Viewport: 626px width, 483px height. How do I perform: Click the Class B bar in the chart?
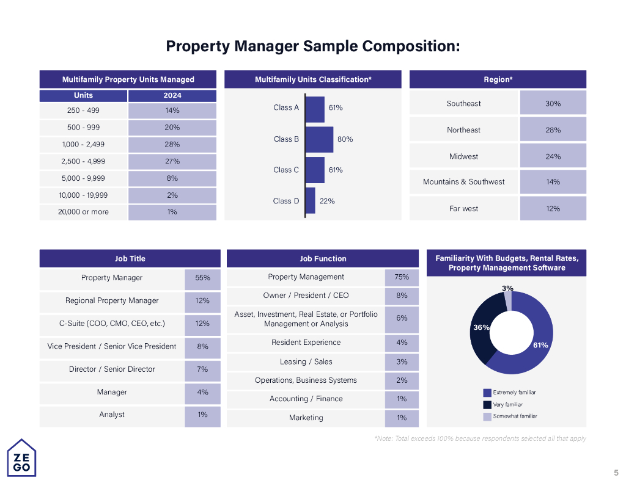(x=319, y=139)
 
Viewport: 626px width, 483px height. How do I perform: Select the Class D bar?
(x=310, y=201)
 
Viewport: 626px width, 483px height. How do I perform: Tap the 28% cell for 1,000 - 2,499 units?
(x=172, y=145)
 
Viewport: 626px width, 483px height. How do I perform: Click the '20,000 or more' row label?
(x=84, y=212)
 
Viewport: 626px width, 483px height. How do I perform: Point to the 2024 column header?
(x=172, y=95)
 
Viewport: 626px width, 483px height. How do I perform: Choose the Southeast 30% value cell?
(x=553, y=103)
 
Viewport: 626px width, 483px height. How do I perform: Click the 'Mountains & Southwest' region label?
(x=463, y=182)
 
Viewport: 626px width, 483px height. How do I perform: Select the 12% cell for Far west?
(x=553, y=208)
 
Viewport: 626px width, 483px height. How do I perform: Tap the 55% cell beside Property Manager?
(x=202, y=278)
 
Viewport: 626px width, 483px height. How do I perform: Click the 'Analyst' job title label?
(x=112, y=415)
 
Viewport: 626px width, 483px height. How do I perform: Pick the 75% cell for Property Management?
(x=402, y=277)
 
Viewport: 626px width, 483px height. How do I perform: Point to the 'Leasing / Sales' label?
(x=306, y=361)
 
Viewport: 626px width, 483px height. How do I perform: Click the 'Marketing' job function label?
(x=306, y=418)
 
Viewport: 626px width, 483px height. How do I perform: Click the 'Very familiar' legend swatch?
(x=487, y=404)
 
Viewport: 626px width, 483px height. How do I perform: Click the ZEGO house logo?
(x=21, y=457)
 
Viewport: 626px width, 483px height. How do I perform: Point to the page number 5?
(x=616, y=472)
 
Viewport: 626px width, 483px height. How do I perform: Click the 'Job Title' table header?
(x=130, y=259)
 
